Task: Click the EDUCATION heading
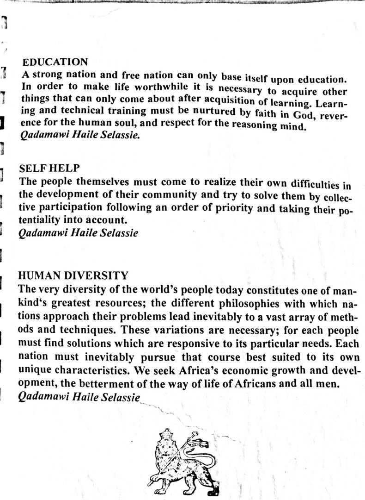click(x=55, y=62)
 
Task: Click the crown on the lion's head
click(x=165, y=435)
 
